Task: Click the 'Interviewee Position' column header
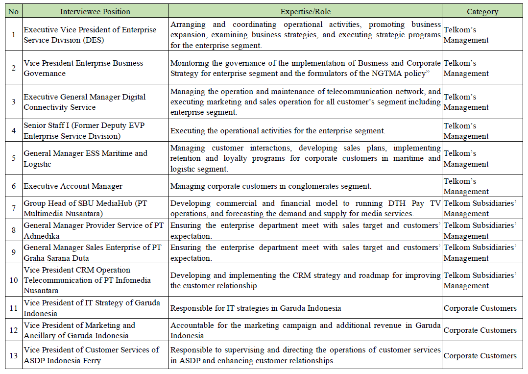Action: point(95,11)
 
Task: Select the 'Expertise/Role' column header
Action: point(305,11)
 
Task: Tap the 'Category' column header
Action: point(482,11)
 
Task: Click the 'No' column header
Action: point(13,11)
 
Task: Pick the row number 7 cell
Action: point(13,208)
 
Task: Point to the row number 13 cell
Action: point(13,355)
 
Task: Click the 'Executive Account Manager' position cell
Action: point(73,186)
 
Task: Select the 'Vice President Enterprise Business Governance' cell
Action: point(83,68)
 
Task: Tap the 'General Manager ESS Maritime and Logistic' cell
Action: point(85,158)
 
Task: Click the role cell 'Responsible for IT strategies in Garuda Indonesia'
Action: point(256,308)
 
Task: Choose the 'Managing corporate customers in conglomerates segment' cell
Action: point(271,186)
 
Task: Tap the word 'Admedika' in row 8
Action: point(41,236)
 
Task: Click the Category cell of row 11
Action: point(480,308)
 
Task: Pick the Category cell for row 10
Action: point(480,280)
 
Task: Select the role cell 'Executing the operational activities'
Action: point(278,131)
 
